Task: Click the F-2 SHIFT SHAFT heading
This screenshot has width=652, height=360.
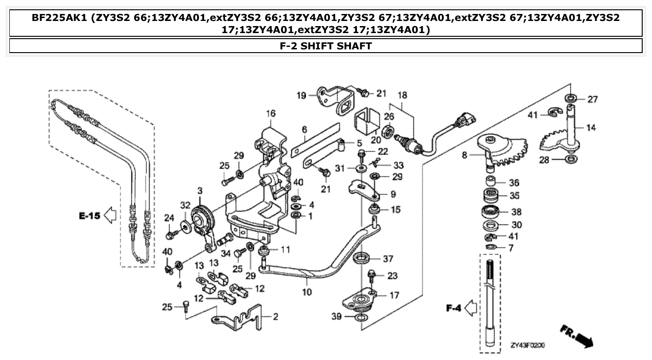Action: point(326,46)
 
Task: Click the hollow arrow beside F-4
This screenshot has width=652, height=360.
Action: point(471,308)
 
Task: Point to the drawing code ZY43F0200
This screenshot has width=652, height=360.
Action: point(528,346)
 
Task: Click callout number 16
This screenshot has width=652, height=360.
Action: point(271,113)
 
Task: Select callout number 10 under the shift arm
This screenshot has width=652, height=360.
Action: point(307,293)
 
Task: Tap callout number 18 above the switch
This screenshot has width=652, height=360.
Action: point(402,95)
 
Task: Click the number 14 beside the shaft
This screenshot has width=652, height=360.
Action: point(590,127)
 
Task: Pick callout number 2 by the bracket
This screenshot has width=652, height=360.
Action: point(275,317)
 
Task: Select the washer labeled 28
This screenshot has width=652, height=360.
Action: point(570,160)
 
